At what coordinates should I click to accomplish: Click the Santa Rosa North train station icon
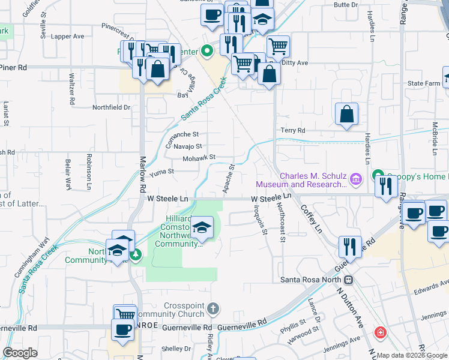coord(348,280)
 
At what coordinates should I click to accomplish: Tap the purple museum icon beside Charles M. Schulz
coord(355,178)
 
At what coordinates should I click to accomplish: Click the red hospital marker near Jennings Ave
coord(379,332)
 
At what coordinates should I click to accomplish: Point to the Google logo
coord(20,353)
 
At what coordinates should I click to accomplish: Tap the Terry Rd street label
coord(293,130)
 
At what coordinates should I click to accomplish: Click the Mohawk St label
coord(199,158)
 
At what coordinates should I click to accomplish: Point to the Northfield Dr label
coord(111,107)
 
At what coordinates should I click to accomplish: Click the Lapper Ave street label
coord(67,36)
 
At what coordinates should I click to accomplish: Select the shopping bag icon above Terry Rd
coord(347,115)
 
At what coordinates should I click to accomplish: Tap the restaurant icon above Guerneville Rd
coord(349,247)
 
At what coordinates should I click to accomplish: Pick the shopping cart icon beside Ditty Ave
coord(278,46)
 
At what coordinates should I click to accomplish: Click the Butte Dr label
coord(345,5)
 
